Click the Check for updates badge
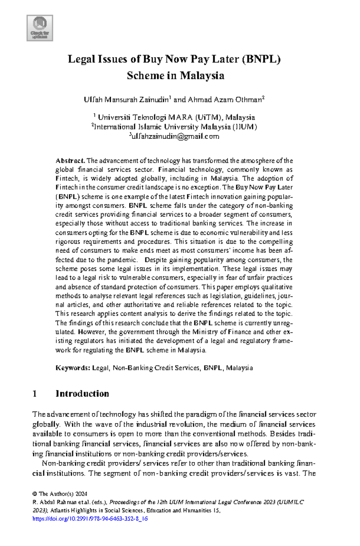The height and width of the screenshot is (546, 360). [40, 28]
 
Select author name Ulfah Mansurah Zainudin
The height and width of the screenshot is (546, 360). [126, 100]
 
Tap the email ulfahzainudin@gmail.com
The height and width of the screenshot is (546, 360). [175, 136]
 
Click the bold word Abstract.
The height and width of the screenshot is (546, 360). [70, 161]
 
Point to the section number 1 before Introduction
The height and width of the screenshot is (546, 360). [35, 394]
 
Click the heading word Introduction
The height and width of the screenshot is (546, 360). [82, 394]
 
